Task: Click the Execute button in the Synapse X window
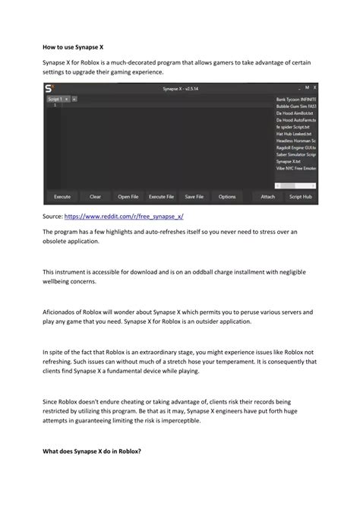pyautogui.click(x=62, y=196)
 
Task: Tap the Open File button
pyautogui.click(x=128, y=196)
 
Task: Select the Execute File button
pyautogui.click(x=161, y=196)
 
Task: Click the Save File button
pyautogui.click(x=194, y=196)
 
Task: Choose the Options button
pyautogui.click(x=227, y=196)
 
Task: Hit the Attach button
pyautogui.click(x=268, y=196)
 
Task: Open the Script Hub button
pyautogui.click(x=301, y=196)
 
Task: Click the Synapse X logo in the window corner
pyautogui.click(x=51, y=89)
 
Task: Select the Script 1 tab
pyautogui.click(x=55, y=99)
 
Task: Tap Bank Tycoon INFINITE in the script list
pyautogui.click(x=296, y=99)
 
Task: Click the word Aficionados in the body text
pyautogui.click(x=63, y=312)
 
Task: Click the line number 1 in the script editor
pyautogui.click(x=53, y=106)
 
